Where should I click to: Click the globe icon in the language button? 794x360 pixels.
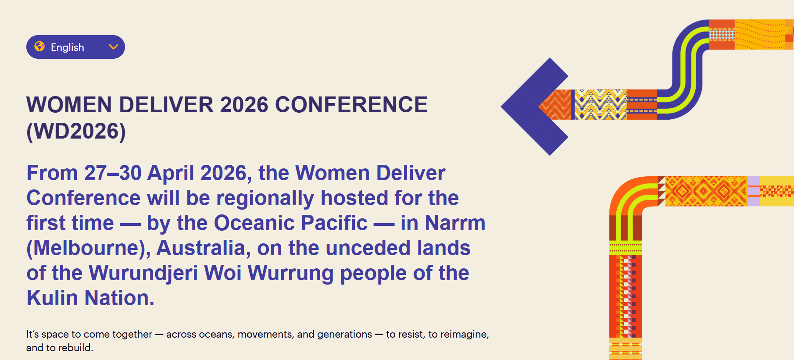tap(39, 46)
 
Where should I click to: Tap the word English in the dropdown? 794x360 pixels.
tap(67, 47)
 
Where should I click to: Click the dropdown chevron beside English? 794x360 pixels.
tap(114, 47)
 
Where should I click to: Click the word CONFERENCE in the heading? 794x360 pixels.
tap(351, 105)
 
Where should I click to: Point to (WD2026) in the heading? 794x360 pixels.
tap(76, 131)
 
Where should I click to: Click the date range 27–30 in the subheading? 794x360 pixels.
tap(113, 173)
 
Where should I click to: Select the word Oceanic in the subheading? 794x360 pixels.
tap(254, 223)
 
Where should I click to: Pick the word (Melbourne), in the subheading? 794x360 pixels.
tap(89, 248)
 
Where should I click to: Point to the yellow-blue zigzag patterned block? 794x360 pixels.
tap(600, 105)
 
